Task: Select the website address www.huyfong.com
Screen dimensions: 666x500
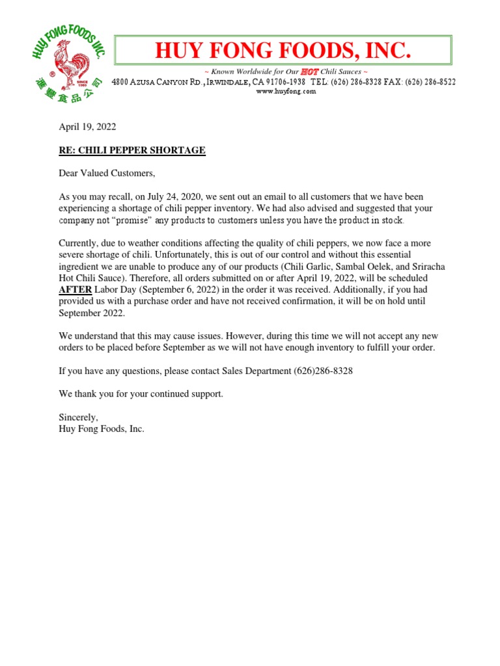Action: [x=286, y=92]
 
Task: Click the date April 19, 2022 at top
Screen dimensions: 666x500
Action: [x=87, y=127]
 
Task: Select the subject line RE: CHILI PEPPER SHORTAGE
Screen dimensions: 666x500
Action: [x=132, y=150]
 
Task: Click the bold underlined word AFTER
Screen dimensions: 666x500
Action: [x=76, y=289]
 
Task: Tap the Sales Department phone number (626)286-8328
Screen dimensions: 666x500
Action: [x=322, y=371]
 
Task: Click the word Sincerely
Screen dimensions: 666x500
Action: [x=78, y=418]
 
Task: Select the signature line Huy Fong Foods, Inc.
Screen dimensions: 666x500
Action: [x=102, y=429]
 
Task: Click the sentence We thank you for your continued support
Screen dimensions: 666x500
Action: [x=141, y=394]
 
